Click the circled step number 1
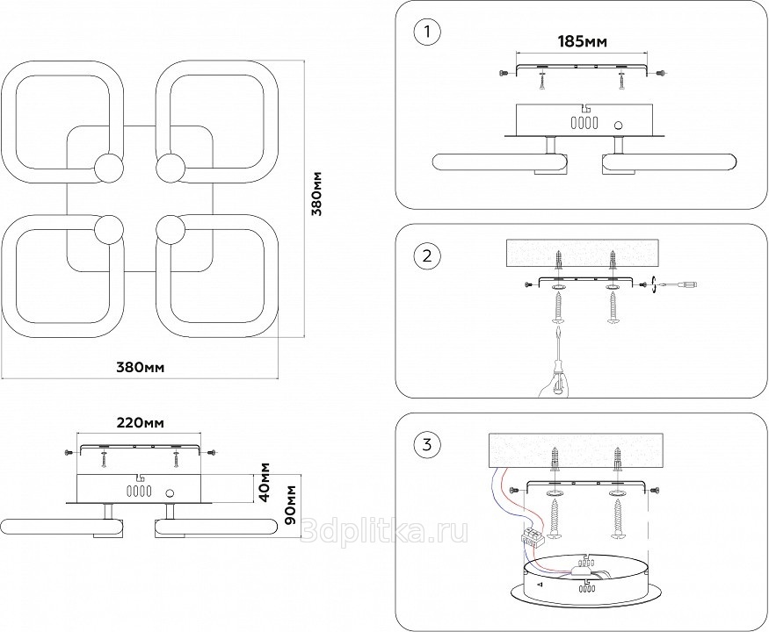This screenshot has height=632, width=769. coord(426,32)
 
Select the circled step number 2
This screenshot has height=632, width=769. coord(426,256)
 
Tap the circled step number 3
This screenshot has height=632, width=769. coord(426,444)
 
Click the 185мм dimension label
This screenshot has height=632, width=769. coord(583,41)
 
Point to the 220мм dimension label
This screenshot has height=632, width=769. coord(140,424)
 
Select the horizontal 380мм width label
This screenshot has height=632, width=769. coord(141,367)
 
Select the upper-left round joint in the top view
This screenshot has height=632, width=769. coord(110,167)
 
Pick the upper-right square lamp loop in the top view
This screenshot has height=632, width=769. coord(217,120)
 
